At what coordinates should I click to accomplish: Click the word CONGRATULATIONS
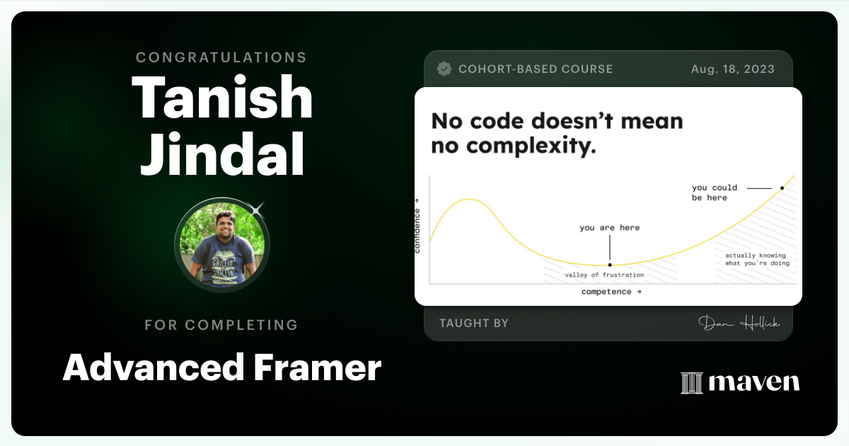[221, 57]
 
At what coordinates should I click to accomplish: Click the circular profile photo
[222, 246]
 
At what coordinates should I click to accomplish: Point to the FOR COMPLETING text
[221, 325]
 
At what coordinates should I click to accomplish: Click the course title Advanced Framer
[222, 368]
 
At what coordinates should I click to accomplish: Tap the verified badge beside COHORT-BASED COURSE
[444, 69]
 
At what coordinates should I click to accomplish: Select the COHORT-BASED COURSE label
[536, 69]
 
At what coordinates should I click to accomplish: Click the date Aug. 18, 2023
[732, 69]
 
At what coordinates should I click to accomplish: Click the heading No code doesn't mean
[557, 121]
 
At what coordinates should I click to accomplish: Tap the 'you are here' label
[609, 228]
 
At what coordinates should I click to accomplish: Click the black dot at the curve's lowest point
[610, 265]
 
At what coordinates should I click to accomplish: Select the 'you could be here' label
[715, 193]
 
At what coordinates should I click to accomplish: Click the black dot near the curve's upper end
[782, 188]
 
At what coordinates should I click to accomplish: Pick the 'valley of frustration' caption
[604, 275]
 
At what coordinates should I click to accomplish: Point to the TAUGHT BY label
[474, 324]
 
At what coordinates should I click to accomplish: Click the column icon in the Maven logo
[691, 383]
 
